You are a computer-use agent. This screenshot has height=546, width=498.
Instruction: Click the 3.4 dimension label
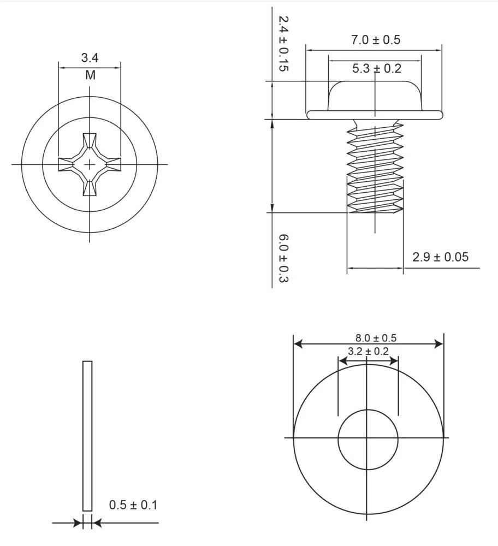tap(90, 57)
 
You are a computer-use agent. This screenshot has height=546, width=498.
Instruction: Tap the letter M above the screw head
tap(90, 75)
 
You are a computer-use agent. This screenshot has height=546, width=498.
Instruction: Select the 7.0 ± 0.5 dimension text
tap(375, 40)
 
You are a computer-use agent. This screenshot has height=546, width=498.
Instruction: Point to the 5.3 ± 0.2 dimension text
tap(376, 68)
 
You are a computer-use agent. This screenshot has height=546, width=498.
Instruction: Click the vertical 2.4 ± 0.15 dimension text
tap(283, 44)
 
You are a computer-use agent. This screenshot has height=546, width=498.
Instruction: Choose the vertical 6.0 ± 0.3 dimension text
tap(283, 258)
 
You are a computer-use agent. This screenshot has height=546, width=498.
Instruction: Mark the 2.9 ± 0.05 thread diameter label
tap(440, 257)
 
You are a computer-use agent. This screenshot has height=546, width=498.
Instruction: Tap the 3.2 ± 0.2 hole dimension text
tap(368, 351)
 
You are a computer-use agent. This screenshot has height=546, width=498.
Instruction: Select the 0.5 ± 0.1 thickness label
tap(133, 505)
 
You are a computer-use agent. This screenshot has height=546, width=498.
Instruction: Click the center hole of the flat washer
tap(368, 439)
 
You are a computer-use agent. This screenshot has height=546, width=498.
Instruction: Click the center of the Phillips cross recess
tap(90, 164)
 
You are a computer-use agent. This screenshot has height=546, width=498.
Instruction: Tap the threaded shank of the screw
tap(375, 169)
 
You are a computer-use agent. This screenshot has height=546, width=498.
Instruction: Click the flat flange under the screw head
tap(375, 114)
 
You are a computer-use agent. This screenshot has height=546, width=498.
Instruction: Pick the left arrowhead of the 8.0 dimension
tap(298, 344)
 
